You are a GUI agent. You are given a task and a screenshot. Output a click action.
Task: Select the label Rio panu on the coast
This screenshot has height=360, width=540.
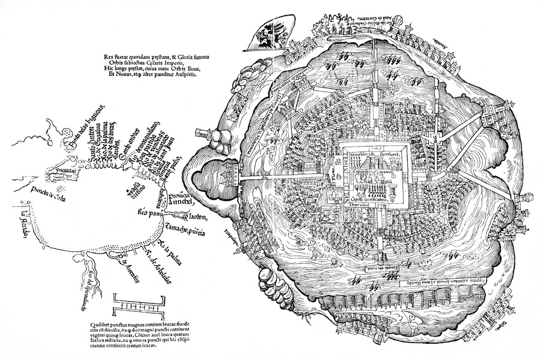coord(151,212)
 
